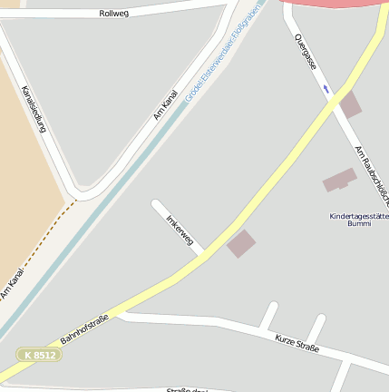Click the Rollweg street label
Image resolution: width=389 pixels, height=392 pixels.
(x=115, y=14)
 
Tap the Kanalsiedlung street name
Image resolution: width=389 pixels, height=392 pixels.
(x=34, y=110)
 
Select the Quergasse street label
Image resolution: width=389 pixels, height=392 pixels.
(x=306, y=53)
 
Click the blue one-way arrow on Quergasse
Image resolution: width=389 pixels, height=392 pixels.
(x=326, y=89)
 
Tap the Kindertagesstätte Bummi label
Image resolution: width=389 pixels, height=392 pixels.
(x=358, y=219)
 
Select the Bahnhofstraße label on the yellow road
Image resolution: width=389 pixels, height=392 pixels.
(x=85, y=328)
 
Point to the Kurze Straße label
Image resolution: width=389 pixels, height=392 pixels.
(x=297, y=343)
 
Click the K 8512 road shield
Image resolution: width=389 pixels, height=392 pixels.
(x=40, y=355)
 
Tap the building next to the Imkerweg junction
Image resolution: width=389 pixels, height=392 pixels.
(x=241, y=243)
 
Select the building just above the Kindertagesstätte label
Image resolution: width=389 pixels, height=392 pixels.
(x=340, y=180)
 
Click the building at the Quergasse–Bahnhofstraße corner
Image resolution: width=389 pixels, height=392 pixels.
(x=349, y=104)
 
